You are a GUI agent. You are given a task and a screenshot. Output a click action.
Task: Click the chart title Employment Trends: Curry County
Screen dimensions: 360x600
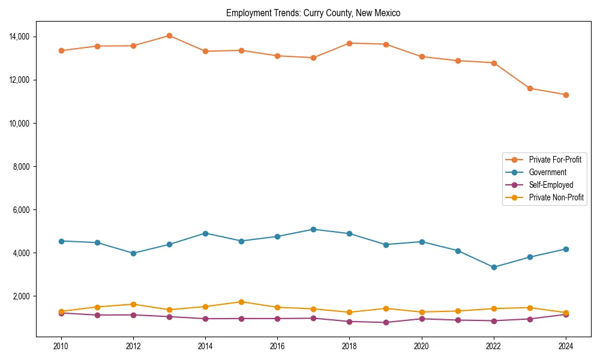[313, 13]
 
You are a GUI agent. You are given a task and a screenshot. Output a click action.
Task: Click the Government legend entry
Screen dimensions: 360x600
[547, 172]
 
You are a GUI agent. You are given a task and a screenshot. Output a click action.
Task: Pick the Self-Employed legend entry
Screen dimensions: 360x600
[551, 185]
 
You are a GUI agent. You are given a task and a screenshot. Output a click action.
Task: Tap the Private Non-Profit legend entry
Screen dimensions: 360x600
[556, 197]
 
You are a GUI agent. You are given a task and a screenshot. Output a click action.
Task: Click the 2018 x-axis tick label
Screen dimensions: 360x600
[349, 346]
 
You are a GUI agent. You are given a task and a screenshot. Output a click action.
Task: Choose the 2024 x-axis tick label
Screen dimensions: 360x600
[566, 346]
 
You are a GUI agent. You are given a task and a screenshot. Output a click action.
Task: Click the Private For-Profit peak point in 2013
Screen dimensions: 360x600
[169, 35]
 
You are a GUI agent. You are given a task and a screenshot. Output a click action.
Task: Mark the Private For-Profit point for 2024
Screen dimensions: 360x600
[566, 95]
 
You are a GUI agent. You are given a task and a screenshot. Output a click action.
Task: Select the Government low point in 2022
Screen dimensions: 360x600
[494, 267]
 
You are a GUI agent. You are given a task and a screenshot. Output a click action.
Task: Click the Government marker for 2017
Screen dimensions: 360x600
[313, 229]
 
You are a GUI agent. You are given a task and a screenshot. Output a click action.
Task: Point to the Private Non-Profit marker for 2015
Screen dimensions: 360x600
[241, 302]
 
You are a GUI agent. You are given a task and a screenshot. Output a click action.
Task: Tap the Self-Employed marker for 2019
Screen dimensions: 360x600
[385, 322]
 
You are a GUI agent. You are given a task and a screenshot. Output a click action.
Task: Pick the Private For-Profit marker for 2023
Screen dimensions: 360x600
[530, 88]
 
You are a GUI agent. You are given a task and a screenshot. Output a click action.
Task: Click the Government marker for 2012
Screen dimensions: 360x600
[133, 253]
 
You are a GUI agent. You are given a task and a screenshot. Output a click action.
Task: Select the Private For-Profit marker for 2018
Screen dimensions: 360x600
[349, 43]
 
